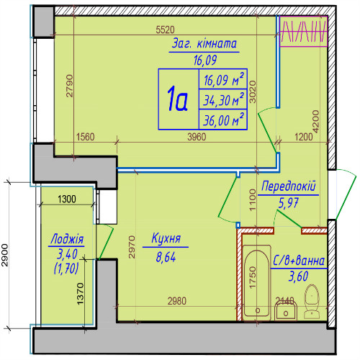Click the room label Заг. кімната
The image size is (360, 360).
[x=204, y=44]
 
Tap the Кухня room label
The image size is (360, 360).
[x=166, y=238]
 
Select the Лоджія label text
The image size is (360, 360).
[x=67, y=239]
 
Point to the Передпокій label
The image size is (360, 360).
[x=289, y=186]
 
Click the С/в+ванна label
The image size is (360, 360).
[x=299, y=261]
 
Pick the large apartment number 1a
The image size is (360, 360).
[x=178, y=99]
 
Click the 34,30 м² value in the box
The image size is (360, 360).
[x=223, y=99]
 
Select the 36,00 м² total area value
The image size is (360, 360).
[x=223, y=120]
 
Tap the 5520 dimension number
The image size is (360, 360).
[x=165, y=30]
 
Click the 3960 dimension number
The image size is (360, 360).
[x=197, y=137]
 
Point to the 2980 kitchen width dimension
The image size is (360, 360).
[x=177, y=301]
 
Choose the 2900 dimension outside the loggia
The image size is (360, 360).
[x=5, y=255]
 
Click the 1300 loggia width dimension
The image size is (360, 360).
[x=67, y=199]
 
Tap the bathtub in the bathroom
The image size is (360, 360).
[x=256, y=283]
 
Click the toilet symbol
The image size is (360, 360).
[x=312, y=302]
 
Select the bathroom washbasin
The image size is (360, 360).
[x=286, y=311]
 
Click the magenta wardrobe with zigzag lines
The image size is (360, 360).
[x=304, y=31]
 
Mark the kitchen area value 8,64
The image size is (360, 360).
[x=166, y=257]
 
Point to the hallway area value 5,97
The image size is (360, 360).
[x=288, y=204]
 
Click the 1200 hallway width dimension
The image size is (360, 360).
[x=304, y=137]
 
